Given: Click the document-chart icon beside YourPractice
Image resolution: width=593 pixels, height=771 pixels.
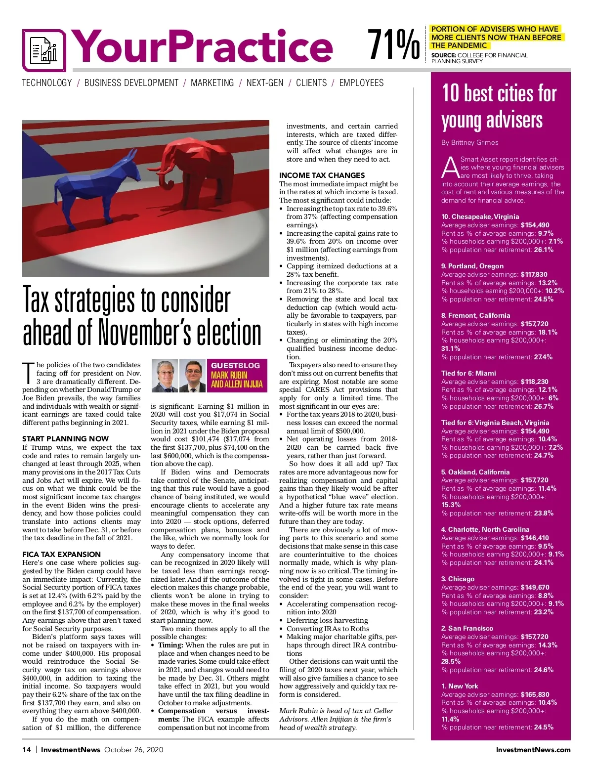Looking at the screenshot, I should [x=44, y=50].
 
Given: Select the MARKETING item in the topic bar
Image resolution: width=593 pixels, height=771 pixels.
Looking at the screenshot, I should [x=212, y=83].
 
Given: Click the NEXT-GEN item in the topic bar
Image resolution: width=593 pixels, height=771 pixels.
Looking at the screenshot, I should [x=265, y=83].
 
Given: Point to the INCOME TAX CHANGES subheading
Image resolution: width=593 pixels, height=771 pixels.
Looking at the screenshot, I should [x=322, y=175].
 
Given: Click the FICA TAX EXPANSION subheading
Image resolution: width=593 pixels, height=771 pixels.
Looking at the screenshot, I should [x=61, y=555].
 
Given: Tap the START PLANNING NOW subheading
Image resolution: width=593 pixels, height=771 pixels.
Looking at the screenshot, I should [x=65, y=439].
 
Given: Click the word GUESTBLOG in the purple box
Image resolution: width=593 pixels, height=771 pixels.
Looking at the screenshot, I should [x=235, y=366].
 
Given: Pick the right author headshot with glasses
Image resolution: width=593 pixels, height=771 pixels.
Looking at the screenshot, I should [x=192, y=376].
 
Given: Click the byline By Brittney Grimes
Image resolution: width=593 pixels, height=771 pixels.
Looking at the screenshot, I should [x=469, y=143].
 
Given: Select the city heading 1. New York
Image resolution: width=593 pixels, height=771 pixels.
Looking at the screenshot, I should [x=460, y=686].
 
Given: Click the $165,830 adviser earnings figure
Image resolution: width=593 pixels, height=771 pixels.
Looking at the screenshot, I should [x=535, y=694].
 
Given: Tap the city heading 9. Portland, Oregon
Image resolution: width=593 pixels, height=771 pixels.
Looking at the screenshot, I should [x=472, y=266].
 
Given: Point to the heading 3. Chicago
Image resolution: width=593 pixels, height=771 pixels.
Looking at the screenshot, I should [x=458, y=579].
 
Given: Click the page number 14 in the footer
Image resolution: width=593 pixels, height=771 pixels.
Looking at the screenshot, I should [x=27, y=750].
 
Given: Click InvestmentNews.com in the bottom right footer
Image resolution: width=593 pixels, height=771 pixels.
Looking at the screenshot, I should [x=533, y=750].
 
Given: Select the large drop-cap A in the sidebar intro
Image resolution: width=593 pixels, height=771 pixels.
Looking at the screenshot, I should [x=450, y=168].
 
